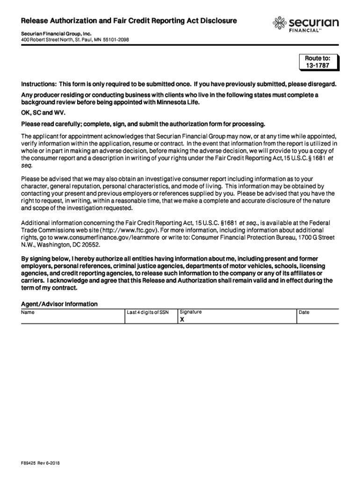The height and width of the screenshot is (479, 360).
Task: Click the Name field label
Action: (x=28, y=312)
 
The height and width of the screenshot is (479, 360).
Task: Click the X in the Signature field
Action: (x=182, y=320)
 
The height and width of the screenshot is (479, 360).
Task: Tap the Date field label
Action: (x=304, y=312)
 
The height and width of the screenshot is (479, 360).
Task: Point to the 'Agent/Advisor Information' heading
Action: (x=59, y=304)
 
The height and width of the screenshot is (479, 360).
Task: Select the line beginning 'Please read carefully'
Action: (x=143, y=124)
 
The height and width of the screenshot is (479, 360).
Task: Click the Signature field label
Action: (x=191, y=312)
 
